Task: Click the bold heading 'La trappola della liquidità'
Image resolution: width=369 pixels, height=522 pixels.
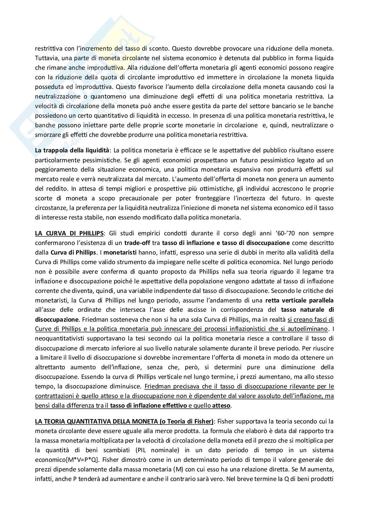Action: coord(73,150)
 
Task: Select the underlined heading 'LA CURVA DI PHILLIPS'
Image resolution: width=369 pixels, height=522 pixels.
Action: coord(69,233)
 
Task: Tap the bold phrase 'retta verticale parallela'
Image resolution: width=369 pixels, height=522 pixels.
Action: coord(299,301)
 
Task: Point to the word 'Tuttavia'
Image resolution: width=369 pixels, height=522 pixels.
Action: coord(45,58)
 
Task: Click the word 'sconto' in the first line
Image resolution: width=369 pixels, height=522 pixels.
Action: coord(160,48)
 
